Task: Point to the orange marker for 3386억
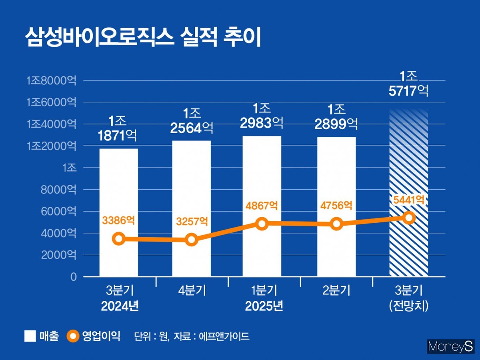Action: tap(118, 239)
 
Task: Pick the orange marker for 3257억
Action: tap(191, 240)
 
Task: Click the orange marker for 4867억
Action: tap(262, 224)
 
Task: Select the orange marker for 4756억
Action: tap(336, 224)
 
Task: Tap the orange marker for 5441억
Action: tap(409, 218)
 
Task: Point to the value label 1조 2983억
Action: tap(262, 116)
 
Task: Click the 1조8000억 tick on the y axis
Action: tap(51, 81)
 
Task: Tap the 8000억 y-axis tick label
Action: tap(58, 190)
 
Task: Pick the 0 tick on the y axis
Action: tap(73, 277)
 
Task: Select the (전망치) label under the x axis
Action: tap(408, 306)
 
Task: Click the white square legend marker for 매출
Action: tap(30, 336)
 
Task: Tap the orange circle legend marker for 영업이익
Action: tap(72, 336)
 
